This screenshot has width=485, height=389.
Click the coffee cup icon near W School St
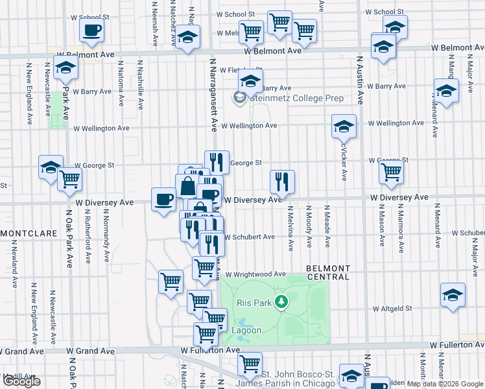point(92,30)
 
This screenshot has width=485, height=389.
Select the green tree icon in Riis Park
point(281,301)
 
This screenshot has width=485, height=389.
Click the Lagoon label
point(247,331)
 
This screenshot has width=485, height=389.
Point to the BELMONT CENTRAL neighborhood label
point(328,272)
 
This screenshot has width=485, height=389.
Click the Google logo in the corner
point(21,381)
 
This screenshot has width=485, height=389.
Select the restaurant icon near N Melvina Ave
point(282,182)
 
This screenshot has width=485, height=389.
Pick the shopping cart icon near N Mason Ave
point(391,172)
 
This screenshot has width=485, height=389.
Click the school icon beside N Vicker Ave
point(344,126)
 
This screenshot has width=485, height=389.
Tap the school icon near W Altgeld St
point(453,295)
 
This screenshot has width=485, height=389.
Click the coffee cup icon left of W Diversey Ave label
point(163,198)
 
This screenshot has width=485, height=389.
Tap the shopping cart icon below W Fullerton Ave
point(250,365)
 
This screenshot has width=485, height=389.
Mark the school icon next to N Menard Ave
point(446,91)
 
